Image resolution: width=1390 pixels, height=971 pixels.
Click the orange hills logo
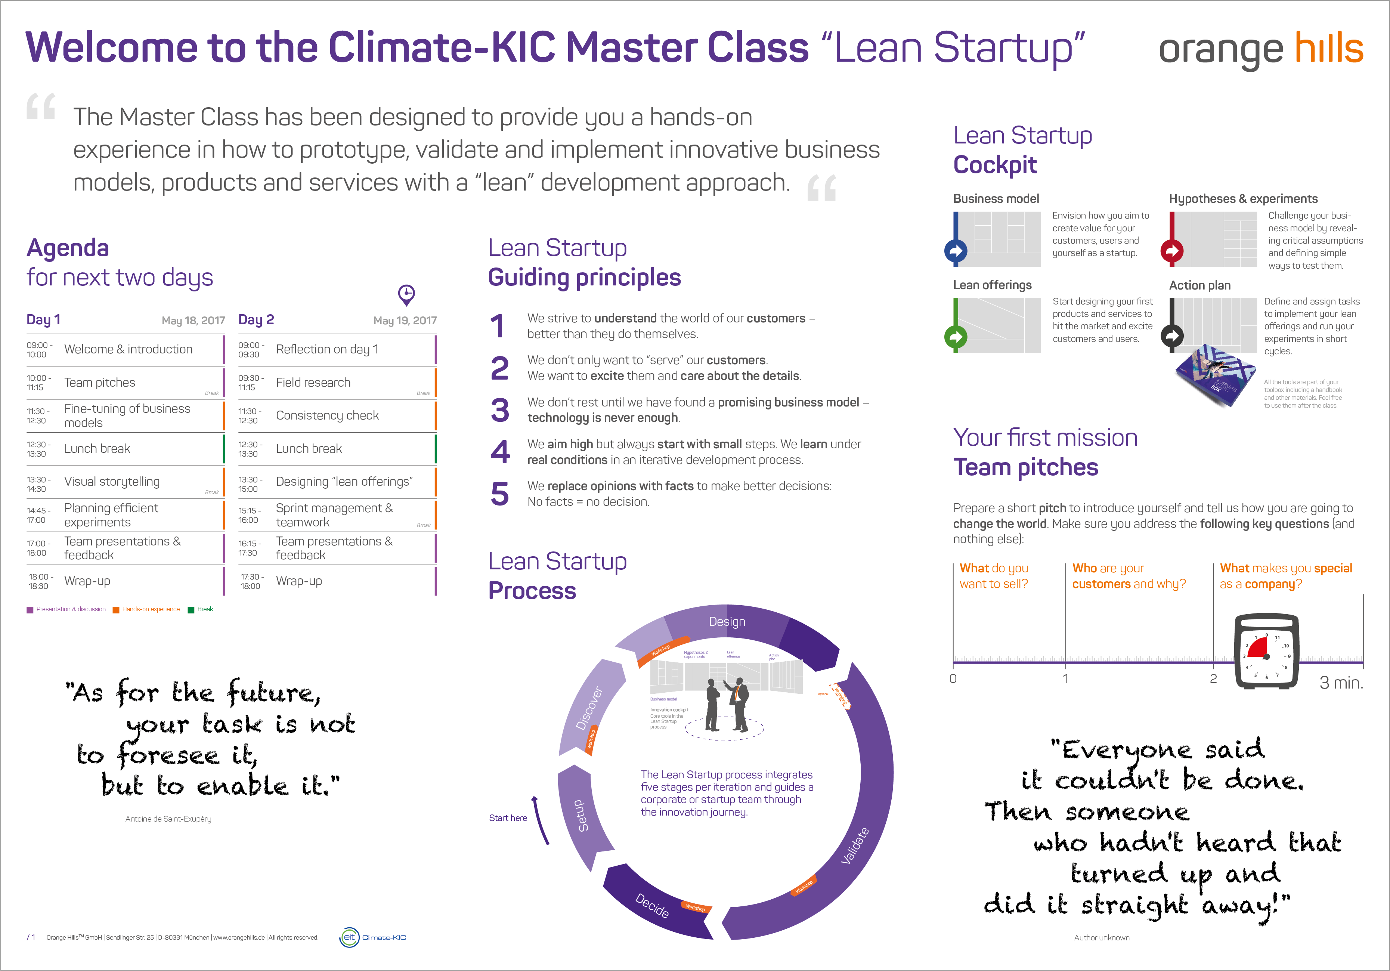coord(1260,49)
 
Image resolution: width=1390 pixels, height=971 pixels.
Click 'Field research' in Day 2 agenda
coord(313,383)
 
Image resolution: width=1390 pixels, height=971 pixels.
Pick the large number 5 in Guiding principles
coord(500,494)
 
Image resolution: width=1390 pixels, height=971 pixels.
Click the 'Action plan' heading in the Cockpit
coord(1199,285)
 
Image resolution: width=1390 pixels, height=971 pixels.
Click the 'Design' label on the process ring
coord(727,622)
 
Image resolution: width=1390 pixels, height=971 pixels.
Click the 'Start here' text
coord(508,818)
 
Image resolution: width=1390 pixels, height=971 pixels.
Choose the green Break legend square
coord(191,610)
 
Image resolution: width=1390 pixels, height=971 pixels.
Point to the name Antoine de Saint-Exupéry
coord(168,819)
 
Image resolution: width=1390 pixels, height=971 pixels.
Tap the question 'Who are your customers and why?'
coord(1129,576)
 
